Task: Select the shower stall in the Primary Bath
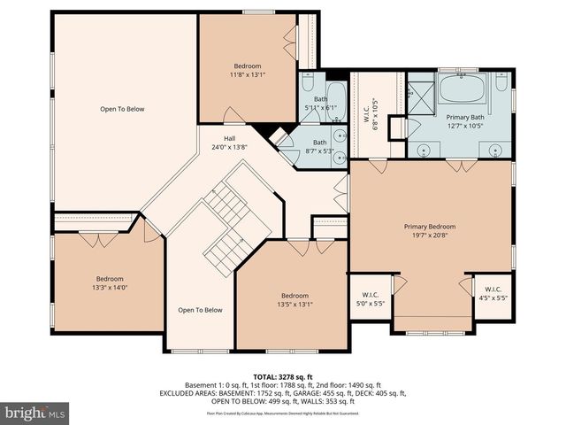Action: click(x=421, y=94)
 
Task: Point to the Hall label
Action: click(x=229, y=139)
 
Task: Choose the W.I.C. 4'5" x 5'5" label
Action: click(x=493, y=293)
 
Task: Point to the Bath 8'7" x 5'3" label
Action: click(x=319, y=143)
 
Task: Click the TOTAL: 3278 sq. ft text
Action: click(x=282, y=376)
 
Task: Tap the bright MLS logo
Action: click(x=34, y=413)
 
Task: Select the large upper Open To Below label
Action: click(x=122, y=109)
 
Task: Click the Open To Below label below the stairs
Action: click(x=200, y=310)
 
